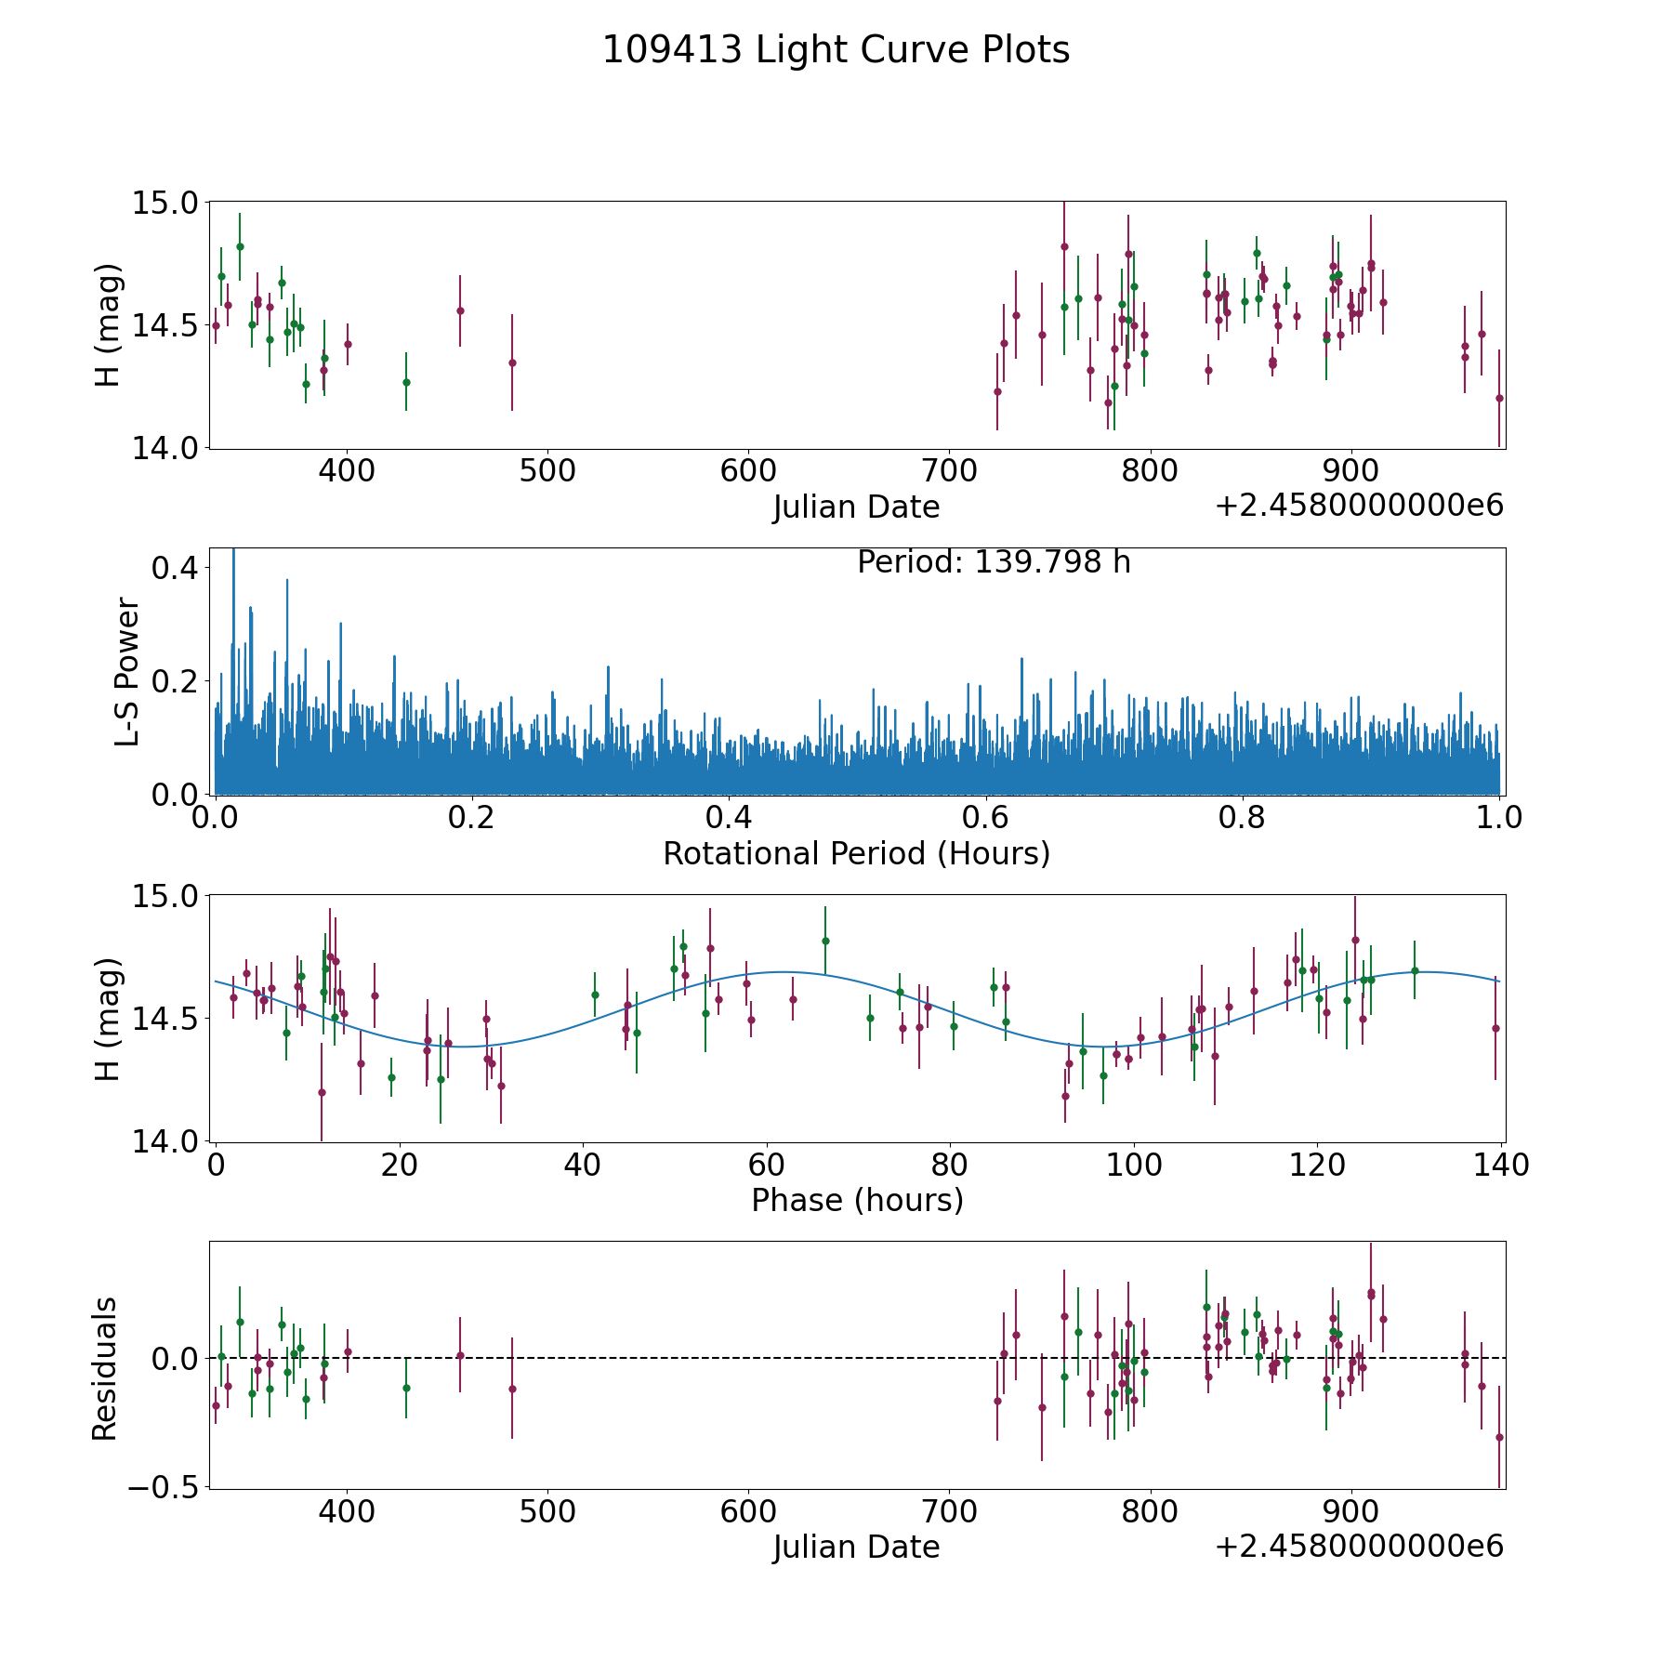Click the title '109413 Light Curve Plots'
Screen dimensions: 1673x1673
coord(836,50)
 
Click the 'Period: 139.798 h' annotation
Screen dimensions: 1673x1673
coord(994,562)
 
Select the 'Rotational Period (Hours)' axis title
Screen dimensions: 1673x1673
coord(856,853)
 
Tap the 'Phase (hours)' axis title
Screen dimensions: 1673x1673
coord(857,1200)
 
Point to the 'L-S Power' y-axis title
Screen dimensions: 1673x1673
coord(127,671)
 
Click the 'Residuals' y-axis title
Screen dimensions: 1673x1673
coord(105,1368)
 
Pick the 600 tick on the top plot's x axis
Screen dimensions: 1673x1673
coord(748,471)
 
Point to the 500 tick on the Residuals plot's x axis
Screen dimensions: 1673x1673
coord(547,1512)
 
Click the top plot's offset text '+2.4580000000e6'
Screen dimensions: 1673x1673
coord(1359,506)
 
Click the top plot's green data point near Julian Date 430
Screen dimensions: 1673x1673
coord(406,382)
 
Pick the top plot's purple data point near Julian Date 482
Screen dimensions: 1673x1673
coord(512,362)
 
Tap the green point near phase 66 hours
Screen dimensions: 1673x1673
coord(824,941)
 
